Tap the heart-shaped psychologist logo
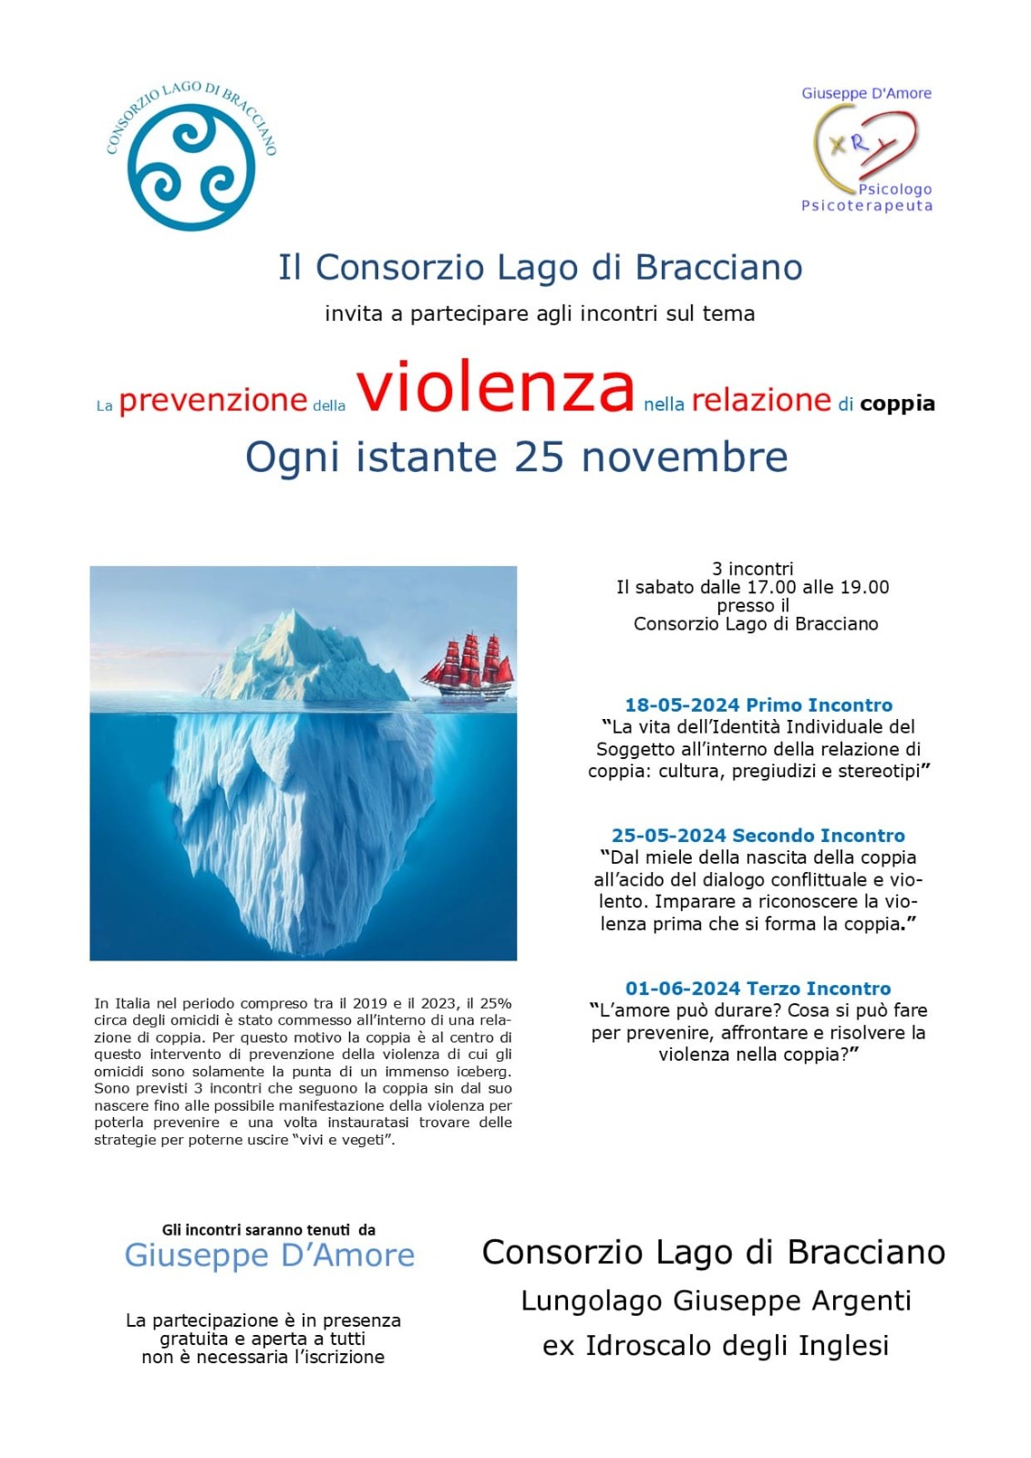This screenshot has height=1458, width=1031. (x=865, y=146)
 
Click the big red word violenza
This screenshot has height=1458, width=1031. (x=495, y=386)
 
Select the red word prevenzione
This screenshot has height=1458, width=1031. (x=212, y=400)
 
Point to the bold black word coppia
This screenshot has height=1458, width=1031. (x=897, y=403)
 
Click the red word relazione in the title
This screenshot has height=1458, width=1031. (x=761, y=400)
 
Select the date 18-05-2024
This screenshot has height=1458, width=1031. (x=682, y=704)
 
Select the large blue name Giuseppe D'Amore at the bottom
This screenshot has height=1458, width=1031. (x=269, y=1255)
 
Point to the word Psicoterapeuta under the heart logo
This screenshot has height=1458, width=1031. (x=867, y=206)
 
